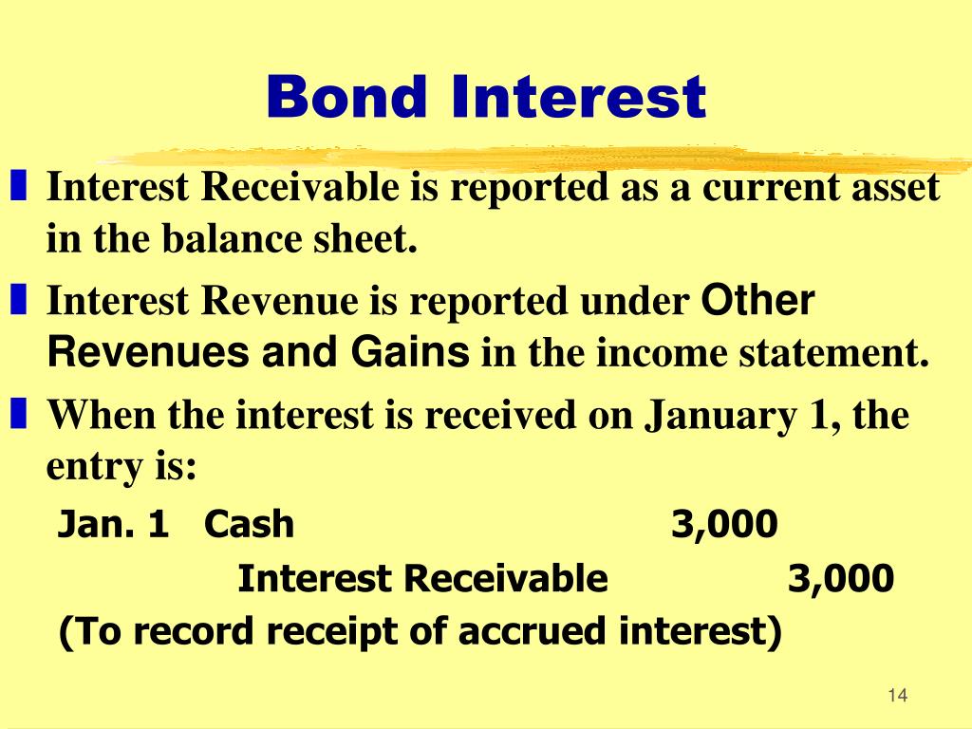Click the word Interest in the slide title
coord(579,98)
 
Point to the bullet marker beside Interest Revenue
coord(20,302)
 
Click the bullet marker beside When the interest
coord(20,415)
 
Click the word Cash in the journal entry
coord(249,523)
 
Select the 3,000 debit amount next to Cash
coord(724,523)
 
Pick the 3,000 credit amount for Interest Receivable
coord(841,578)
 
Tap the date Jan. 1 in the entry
coord(113,523)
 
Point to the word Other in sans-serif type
coord(757,302)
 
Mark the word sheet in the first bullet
coord(373,241)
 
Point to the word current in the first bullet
coord(769,188)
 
